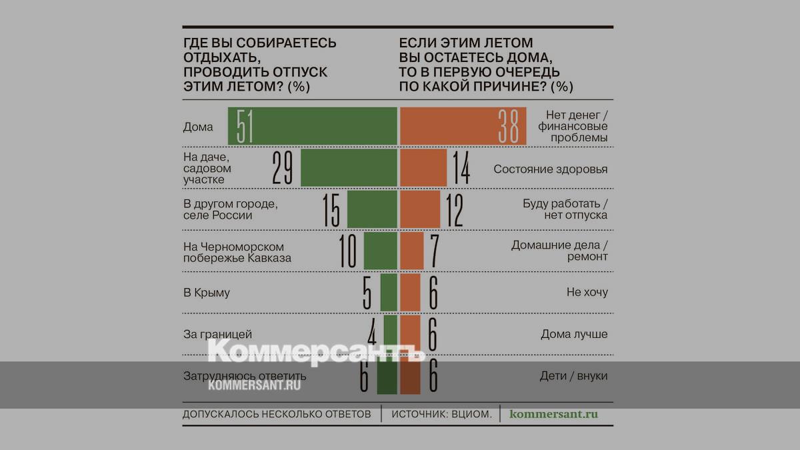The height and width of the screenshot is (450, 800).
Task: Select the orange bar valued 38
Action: (463, 127)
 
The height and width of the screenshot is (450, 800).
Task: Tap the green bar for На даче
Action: (349, 168)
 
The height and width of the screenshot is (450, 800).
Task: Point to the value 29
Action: (283, 168)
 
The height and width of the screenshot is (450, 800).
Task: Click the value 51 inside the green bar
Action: (245, 127)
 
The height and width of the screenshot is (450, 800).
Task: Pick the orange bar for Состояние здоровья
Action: (423, 168)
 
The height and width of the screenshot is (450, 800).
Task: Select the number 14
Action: (459, 168)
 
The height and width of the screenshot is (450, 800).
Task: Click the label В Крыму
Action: (207, 293)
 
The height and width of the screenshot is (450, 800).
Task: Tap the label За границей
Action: (218, 334)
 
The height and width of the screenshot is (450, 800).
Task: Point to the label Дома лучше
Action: (574, 334)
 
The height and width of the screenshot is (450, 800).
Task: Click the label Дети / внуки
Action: (573, 376)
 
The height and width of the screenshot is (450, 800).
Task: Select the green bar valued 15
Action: (372, 210)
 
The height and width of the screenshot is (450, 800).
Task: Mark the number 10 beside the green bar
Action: (348, 251)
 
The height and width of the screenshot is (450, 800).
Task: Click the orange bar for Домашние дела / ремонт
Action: (411, 251)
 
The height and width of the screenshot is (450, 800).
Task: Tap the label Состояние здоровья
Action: (551, 169)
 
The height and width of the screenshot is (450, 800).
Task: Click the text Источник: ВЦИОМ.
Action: (442, 414)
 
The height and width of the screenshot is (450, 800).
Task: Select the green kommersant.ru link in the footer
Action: (553, 414)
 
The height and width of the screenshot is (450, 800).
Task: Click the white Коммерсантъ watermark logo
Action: (317, 351)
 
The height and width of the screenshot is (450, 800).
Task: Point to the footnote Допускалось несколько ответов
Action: (277, 414)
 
